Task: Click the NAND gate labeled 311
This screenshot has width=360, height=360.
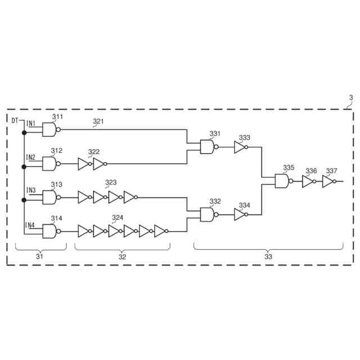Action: pos(50,129)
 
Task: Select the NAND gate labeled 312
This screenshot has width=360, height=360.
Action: pos(50,164)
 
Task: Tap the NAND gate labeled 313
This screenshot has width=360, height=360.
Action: pos(50,197)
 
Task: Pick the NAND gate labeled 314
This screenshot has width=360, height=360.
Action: pos(50,231)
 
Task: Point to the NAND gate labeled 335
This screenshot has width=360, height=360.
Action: pos(281,181)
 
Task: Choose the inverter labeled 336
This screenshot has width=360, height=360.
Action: pos(307,181)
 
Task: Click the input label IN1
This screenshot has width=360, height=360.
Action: pos(31,123)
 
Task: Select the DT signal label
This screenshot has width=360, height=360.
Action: pos(15,120)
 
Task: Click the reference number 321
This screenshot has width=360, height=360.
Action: pos(98,121)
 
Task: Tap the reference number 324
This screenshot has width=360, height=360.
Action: pos(117,218)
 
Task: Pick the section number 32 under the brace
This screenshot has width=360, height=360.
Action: pos(121,256)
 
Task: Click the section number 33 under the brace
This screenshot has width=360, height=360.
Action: pos(268,256)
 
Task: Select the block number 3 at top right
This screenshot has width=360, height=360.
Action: pos(350,98)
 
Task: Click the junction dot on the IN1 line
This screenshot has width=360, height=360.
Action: pos(24,133)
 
